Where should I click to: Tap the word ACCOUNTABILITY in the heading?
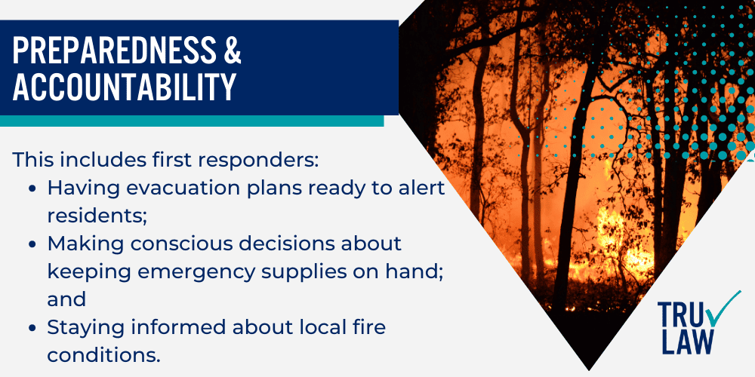[125, 88]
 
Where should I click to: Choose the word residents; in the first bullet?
[96, 215]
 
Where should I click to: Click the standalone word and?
[66, 299]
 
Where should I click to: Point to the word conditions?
[103, 354]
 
